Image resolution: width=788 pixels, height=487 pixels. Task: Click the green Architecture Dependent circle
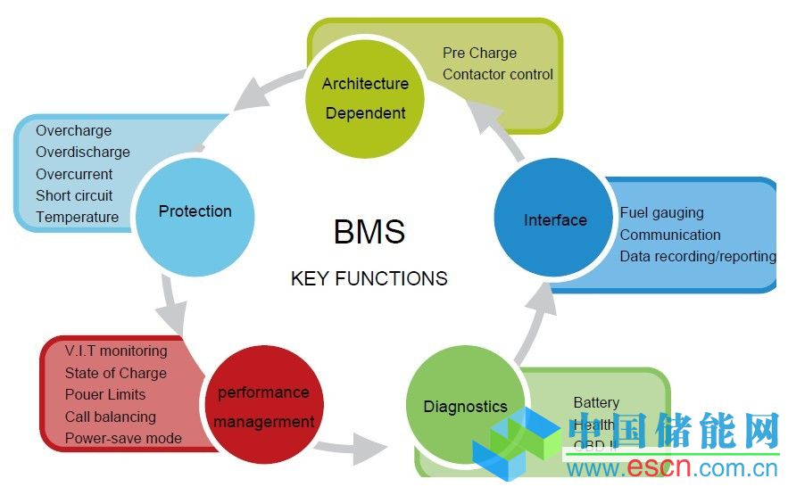365,99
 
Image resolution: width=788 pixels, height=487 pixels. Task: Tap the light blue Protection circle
194,212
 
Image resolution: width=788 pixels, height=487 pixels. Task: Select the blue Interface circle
555,220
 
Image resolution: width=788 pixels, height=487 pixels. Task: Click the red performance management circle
263,407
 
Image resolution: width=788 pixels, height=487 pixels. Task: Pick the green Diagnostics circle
465,407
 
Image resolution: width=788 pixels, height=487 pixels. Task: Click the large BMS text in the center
369,232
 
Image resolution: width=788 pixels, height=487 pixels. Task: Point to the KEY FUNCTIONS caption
369,278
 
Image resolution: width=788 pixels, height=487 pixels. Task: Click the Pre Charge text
479,54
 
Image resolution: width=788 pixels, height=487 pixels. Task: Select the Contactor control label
498,75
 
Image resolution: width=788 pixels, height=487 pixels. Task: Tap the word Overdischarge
83,153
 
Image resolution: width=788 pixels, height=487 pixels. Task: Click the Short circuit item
74,195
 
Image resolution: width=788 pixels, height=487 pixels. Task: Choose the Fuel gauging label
661,213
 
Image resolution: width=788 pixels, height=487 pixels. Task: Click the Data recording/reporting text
698,257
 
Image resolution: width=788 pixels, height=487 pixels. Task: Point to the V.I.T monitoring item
116,351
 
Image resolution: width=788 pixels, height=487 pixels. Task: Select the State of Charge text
116,373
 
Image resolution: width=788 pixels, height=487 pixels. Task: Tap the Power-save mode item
123,438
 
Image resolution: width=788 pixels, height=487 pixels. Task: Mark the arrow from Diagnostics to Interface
534,321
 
